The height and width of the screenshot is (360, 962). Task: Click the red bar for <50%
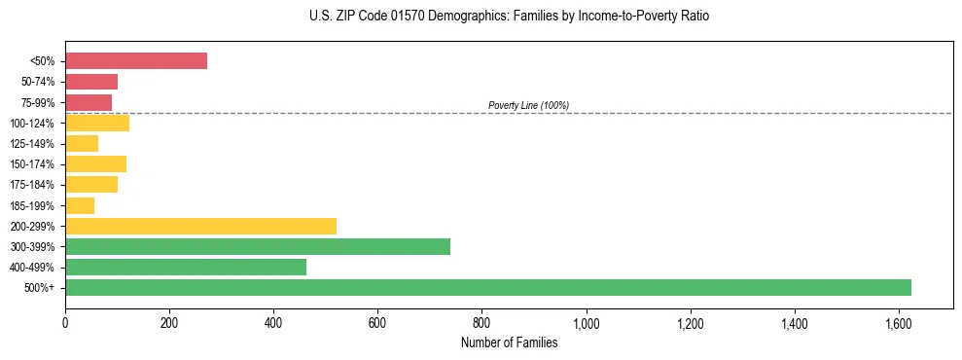(x=136, y=60)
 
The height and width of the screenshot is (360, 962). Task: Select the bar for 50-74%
(x=91, y=81)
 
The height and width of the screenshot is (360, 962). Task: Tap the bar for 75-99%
(x=89, y=102)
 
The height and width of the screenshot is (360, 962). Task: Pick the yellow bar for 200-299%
(x=200, y=226)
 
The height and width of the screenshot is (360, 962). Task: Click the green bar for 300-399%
(x=258, y=246)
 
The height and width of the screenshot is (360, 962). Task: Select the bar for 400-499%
(x=186, y=267)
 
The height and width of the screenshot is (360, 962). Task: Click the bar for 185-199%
(x=80, y=205)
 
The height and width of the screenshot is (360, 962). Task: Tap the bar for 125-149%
(x=82, y=143)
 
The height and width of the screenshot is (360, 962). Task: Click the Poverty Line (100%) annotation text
(x=528, y=105)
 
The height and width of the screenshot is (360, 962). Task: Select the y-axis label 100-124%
(x=32, y=123)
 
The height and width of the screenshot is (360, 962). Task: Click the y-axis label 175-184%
(x=32, y=185)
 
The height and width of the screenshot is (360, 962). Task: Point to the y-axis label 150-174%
(x=32, y=164)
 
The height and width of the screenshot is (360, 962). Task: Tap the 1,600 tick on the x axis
(x=898, y=321)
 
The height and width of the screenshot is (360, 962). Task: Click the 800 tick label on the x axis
(x=481, y=321)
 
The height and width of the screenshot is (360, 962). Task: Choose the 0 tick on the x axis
(x=65, y=321)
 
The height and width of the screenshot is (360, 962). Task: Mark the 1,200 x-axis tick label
(x=690, y=321)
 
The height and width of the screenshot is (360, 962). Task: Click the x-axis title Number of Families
(x=509, y=342)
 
